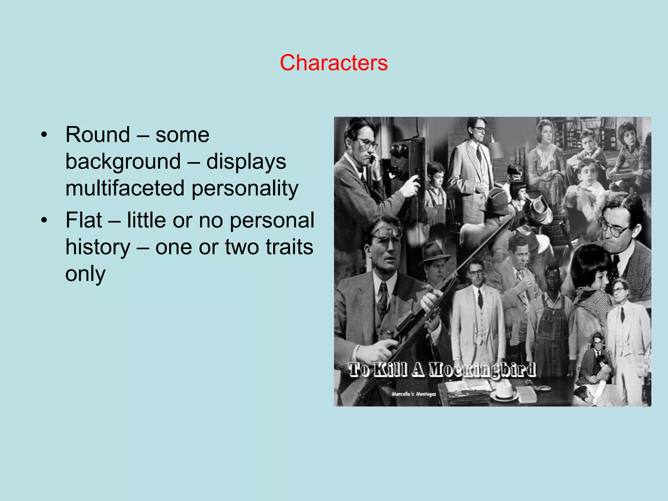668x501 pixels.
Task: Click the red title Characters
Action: point(334,63)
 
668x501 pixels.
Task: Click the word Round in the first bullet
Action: point(98,134)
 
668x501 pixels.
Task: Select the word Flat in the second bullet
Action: point(84,220)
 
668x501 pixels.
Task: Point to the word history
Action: point(98,247)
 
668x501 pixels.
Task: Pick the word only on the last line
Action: point(85,274)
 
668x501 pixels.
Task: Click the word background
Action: point(123,161)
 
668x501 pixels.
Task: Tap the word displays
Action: point(246,161)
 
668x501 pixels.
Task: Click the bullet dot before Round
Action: point(44,135)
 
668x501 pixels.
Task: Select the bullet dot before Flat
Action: point(44,220)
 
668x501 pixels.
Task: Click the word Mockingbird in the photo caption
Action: point(482,370)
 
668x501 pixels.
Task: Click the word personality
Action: point(245,188)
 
